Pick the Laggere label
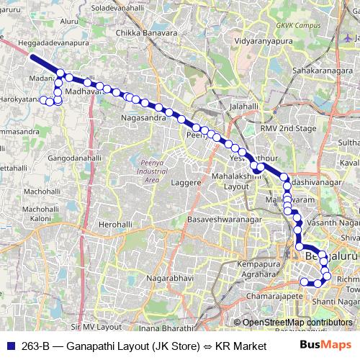coord(186,183)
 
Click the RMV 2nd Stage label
coord(288,128)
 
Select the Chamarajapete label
coord(266,296)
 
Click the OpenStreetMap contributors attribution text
coord(297,323)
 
